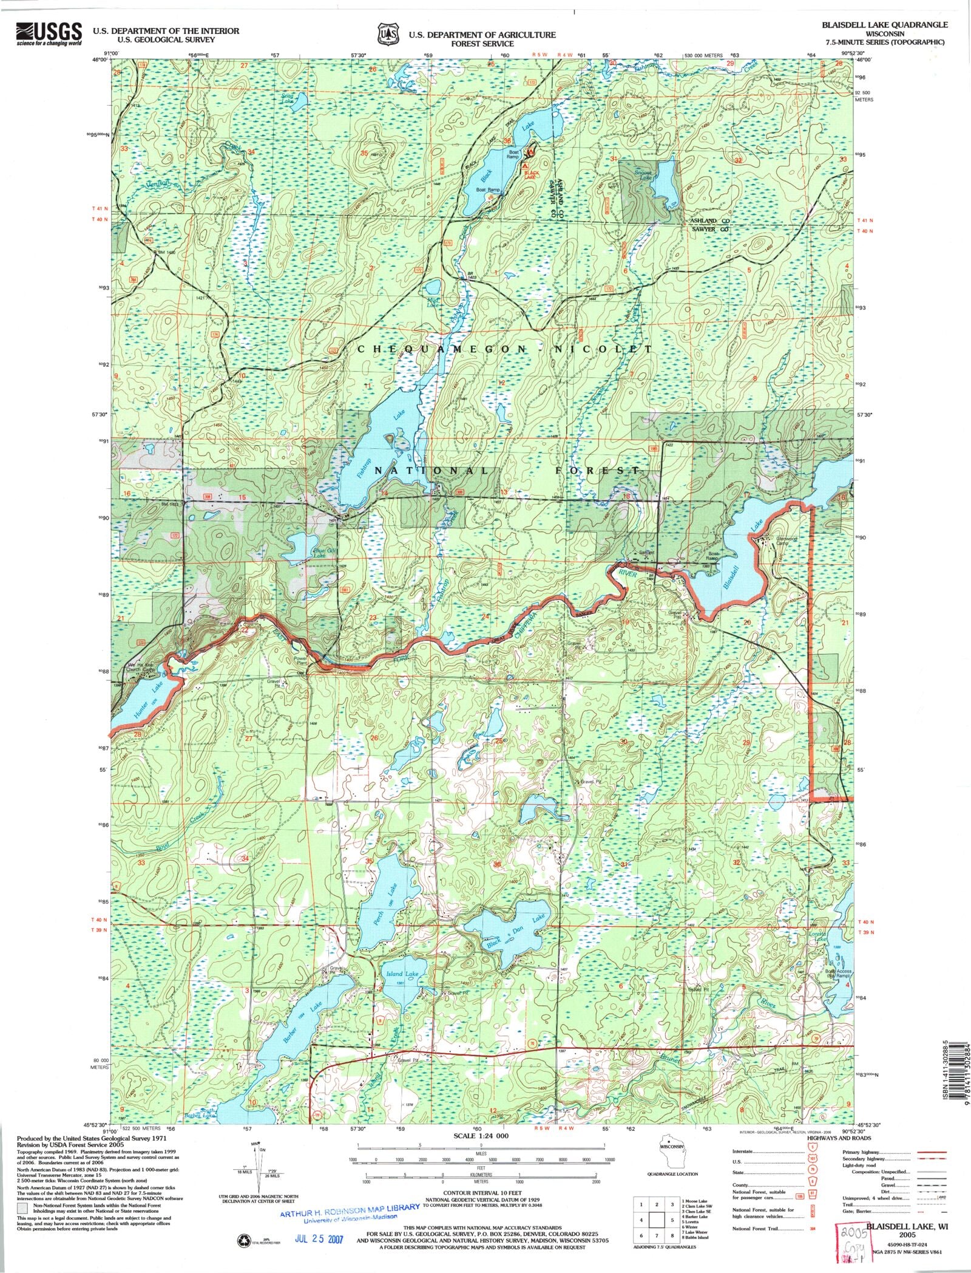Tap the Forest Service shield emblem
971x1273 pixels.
(388, 34)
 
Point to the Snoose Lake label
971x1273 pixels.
(644, 176)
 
